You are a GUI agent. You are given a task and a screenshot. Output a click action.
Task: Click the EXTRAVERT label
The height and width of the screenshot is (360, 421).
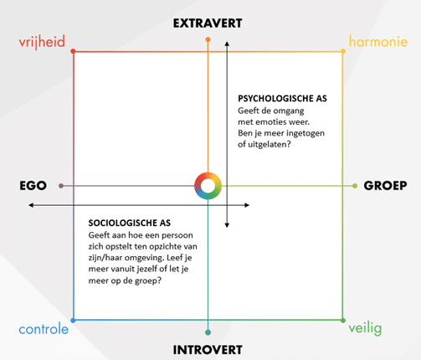tap(208, 23)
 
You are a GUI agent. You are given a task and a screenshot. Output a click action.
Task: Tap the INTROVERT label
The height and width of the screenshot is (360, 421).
tap(208, 350)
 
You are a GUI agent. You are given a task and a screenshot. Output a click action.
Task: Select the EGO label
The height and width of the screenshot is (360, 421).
tap(33, 186)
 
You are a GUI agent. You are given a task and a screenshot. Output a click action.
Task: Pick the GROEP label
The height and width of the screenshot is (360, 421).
tap(385, 186)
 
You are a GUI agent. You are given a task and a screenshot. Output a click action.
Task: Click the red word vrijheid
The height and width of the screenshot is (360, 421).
tap(42, 42)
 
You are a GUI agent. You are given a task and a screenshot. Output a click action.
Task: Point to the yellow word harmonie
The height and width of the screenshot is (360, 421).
tap(378, 42)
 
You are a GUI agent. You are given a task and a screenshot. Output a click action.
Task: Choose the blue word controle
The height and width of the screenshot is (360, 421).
tap(44, 329)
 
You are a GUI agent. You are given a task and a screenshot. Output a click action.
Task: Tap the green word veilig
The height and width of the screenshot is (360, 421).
tap(365, 328)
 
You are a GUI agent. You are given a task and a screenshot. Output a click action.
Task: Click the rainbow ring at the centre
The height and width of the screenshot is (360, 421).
tap(208, 176)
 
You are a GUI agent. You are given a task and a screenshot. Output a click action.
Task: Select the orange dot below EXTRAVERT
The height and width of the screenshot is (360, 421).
tap(208, 39)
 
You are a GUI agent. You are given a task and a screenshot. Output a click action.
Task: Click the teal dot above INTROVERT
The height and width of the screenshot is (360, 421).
tap(208, 332)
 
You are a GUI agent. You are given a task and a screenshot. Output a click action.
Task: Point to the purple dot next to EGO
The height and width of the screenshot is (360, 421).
tap(61, 186)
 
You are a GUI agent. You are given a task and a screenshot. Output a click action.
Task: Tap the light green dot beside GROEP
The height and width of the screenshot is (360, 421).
tap(355, 186)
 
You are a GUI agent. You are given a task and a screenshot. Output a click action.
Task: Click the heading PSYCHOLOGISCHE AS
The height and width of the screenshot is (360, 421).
tap(282, 99)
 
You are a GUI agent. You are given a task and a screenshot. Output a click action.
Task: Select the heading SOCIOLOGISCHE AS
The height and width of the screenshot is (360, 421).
tap(130, 223)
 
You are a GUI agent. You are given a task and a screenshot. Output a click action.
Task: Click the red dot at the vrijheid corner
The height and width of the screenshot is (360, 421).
tap(73, 51)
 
